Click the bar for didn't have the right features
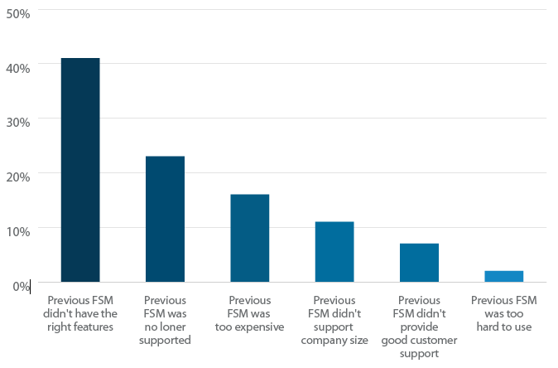point(80,170)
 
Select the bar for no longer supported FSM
point(165,219)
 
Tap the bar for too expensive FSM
point(249,238)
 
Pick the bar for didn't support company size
point(334,251)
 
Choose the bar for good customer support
point(419,262)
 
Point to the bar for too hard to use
point(503,276)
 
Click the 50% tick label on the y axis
point(17,13)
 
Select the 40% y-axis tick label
point(17,67)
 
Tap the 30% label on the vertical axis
point(17,122)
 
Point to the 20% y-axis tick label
point(17,177)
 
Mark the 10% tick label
point(17,231)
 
